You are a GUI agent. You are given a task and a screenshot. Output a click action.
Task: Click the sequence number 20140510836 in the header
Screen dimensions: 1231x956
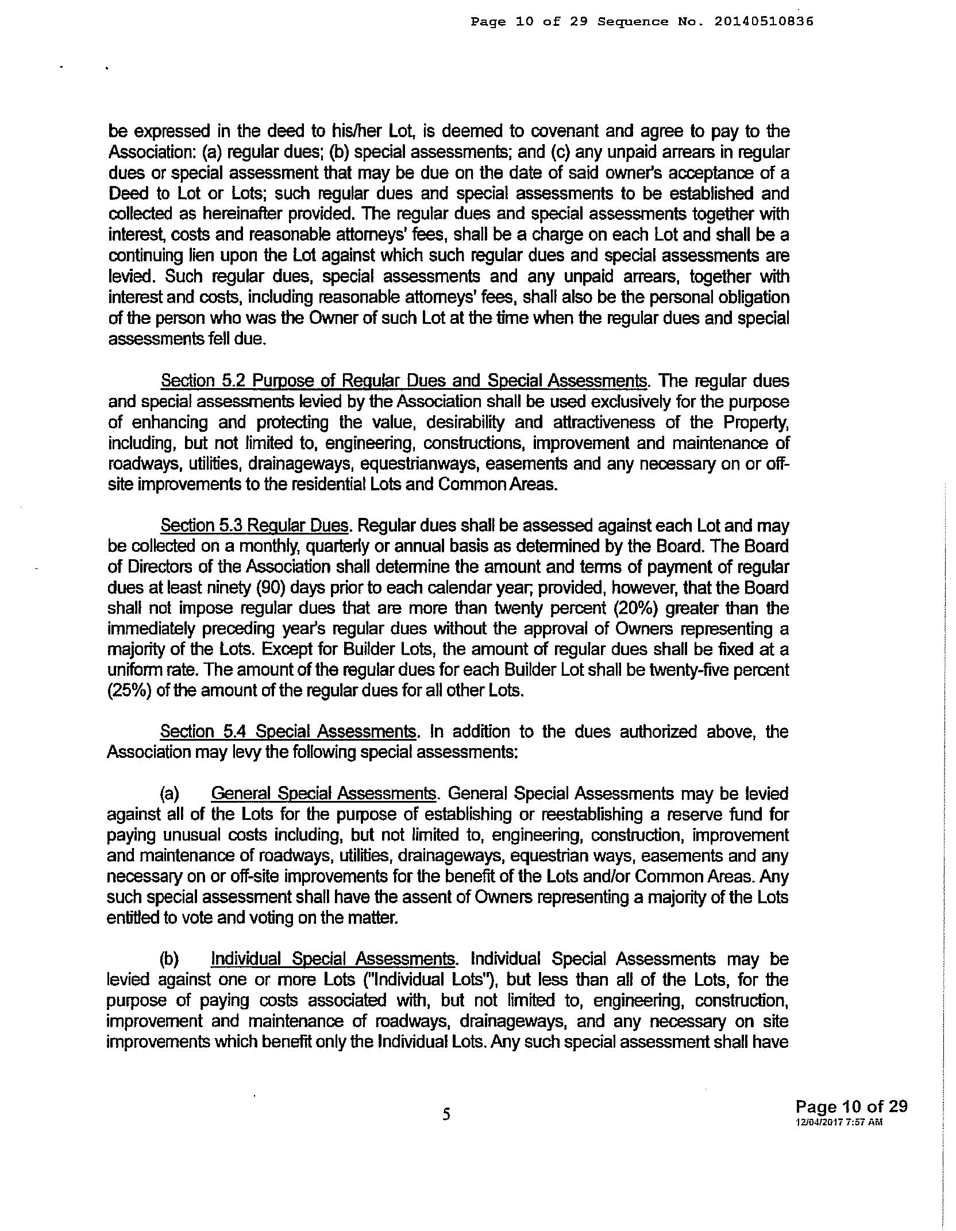pos(764,22)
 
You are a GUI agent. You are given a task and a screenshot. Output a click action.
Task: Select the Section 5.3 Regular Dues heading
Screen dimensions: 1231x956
pos(255,525)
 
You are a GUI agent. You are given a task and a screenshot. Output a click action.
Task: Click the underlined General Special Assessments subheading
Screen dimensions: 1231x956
pos(323,793)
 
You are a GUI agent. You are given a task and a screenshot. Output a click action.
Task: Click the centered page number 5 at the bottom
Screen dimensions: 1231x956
pos(447,1114)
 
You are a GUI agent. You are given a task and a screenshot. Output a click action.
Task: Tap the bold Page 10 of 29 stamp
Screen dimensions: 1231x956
pos(851,1106)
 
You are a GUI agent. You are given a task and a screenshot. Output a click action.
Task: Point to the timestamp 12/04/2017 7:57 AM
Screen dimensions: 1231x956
pos(839,1122)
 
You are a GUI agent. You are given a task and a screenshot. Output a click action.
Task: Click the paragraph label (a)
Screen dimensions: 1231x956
pos(169,794)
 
